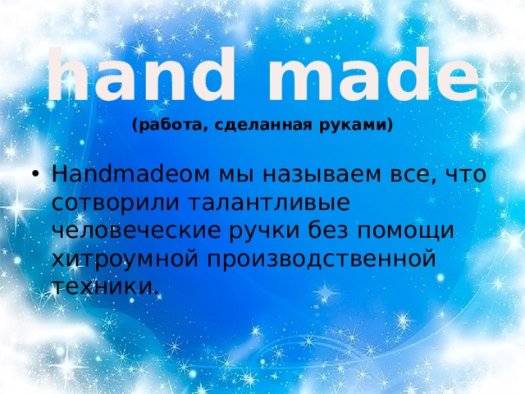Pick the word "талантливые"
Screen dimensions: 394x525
pyautogui.click(x=269, y=203)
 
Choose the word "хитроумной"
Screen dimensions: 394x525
pyautogui.click(x=123, y=259)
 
